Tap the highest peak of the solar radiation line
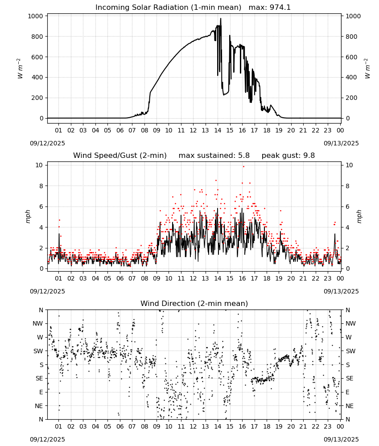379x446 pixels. pyautogui.click(x=221, y=18)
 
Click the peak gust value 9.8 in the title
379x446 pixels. pyautogui.click(x=309, y=155)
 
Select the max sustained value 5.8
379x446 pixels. pyautogui.click(x=243, y=155)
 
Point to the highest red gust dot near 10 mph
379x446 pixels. pyautogui.click(x=243, y=166)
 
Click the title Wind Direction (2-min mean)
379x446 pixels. pyautogui.click(x=194, y=303)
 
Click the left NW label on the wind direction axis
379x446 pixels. pyautogui.click(x=38, y=323)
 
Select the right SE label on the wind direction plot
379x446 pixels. pyautogui.click(x=350, y=378)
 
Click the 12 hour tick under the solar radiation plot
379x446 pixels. pyautogui.click(x=193, y=130)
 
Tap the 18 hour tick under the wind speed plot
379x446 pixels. pyautogui.click(x=266, y=278)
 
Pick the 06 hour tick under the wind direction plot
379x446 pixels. pyautogui.click(x=119, y=426)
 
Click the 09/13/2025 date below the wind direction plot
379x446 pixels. pyautogui.click(x=341, y=439)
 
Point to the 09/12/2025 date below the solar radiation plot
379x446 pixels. pyautogui.click(x=47, y=143)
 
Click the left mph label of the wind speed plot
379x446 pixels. pyautogui.click(x=28, y=216)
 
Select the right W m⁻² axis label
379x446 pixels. pyautogui.click(x=367, y=68)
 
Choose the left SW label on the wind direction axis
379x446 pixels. pyautogui.click(x=38, y=351)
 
